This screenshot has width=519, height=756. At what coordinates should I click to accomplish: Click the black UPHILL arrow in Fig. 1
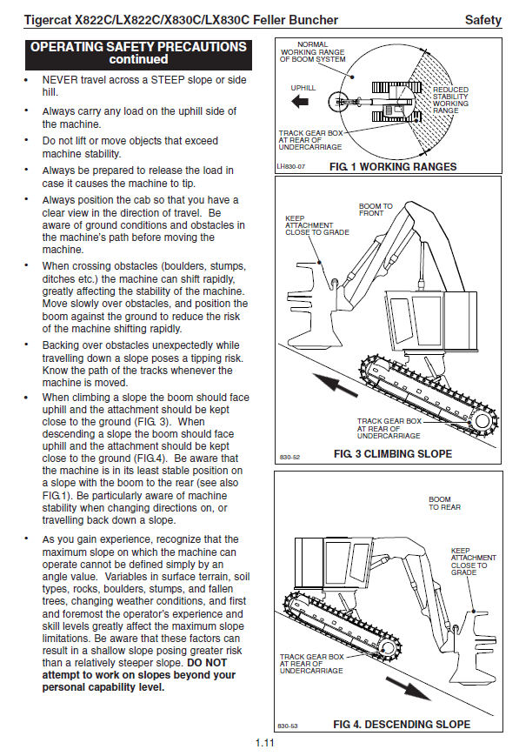(x=300, y=102)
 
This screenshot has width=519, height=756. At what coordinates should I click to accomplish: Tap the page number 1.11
(x=264, y=743)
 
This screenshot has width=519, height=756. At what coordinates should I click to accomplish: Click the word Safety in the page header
(x=482, y=20)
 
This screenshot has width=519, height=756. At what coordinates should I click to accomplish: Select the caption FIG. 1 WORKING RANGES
(x=393, y=167)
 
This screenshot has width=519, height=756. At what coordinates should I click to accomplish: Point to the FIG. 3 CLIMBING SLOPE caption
(x=393, y=454)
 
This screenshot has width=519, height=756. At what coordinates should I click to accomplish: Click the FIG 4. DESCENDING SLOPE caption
(x=402, y=725)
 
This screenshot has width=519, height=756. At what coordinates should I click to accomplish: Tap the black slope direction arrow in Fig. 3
(x=334, y=384)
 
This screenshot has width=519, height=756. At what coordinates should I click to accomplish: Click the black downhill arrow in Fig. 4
(x=408, y=688)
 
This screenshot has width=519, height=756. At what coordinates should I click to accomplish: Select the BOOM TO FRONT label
(x=376, y=210)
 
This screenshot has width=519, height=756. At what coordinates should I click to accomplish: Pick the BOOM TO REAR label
(x=445, y=504)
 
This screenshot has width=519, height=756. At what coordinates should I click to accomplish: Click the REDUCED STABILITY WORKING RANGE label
(x=450, y=100)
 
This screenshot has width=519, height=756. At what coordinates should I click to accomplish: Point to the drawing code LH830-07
(x=291, y=167)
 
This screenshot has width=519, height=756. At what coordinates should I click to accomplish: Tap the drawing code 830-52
(x=289, y=457)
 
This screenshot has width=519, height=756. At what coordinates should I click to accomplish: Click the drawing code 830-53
(x=288, y=726)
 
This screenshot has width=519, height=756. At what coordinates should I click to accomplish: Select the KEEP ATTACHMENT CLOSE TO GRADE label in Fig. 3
(x=317, y=225)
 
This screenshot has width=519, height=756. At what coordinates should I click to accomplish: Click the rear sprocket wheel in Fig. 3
(x=482, y=421)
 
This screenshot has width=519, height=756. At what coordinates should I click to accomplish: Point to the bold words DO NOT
(x=207, y=662)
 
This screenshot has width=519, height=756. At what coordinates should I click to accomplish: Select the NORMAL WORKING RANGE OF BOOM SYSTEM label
(x=312, y=52)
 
